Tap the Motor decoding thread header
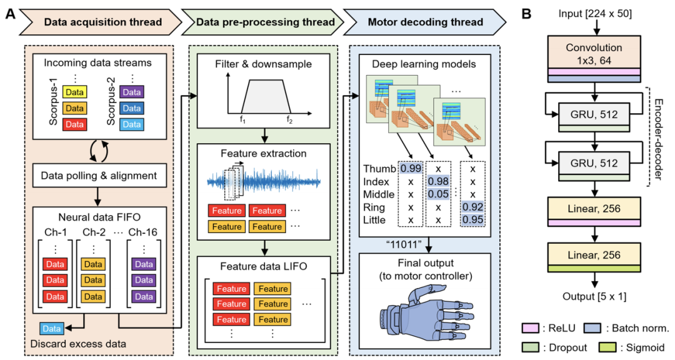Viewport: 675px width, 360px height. (426, 22)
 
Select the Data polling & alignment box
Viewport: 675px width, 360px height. (99, 176)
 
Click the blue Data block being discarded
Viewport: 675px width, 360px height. (51, 329)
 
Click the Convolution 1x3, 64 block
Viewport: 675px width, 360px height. (594, 52)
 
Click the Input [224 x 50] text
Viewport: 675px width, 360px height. (594, 12)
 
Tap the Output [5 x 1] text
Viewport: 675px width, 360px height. (594, 296)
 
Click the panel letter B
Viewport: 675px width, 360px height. (526, 12)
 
